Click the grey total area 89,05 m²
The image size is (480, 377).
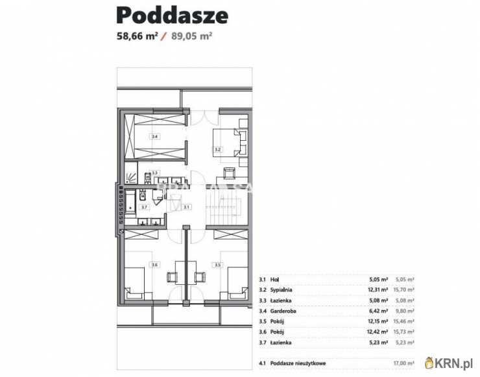[x=192, y=36]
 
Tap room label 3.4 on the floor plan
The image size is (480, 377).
[x=154, y=137]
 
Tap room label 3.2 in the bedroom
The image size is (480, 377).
[x=217, y=149]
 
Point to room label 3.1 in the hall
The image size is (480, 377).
[x=186, y=207]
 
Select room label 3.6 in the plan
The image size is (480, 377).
[x=154, y=265]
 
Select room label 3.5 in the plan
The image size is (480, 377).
[x=217, y=265]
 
